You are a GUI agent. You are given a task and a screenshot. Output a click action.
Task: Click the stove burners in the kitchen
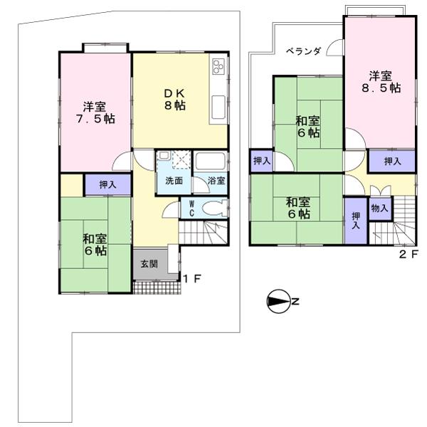click(218, 69)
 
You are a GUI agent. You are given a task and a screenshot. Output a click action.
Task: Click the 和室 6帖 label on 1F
click(95, 244)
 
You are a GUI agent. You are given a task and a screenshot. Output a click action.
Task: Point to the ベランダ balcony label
click(304, 51)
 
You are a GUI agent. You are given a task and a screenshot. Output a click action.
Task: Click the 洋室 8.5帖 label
click(379, 81)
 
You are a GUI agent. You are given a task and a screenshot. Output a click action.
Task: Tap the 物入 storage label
click(380, 209)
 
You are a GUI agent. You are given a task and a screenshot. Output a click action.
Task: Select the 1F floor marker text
click(193, 279)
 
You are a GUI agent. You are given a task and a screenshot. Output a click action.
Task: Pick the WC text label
click(191, 208)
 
